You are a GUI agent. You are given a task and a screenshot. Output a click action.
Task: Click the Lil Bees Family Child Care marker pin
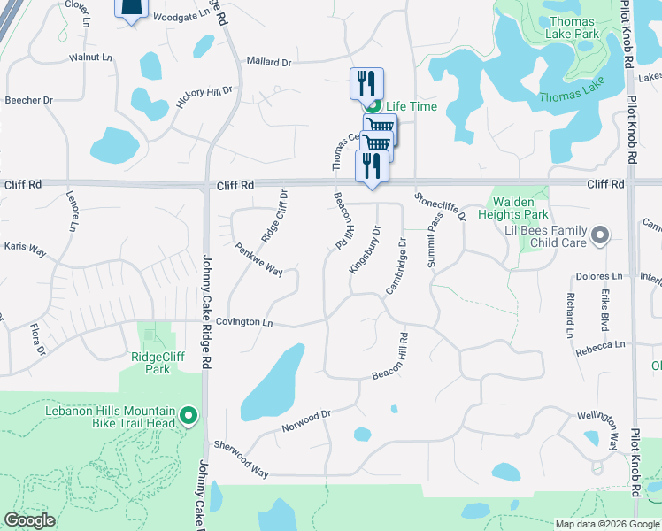point(600,235)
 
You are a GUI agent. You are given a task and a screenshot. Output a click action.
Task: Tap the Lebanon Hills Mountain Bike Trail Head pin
point(188,415)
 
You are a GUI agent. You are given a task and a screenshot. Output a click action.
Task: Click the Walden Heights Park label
point(513,208)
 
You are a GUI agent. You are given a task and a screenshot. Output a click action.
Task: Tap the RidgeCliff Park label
point(150,363)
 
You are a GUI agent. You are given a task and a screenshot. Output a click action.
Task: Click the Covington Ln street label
point(243,323)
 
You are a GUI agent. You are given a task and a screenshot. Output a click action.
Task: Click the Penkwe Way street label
point(258,259)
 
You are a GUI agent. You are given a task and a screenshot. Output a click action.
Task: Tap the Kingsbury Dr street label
point(364,249)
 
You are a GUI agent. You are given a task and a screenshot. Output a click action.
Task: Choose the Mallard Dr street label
point(269,63)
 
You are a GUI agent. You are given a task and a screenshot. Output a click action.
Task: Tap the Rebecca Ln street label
point(599,345)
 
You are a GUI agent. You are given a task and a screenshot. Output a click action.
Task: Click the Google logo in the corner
point(29,520)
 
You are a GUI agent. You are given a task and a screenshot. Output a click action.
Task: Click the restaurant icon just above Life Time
point(366,83)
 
